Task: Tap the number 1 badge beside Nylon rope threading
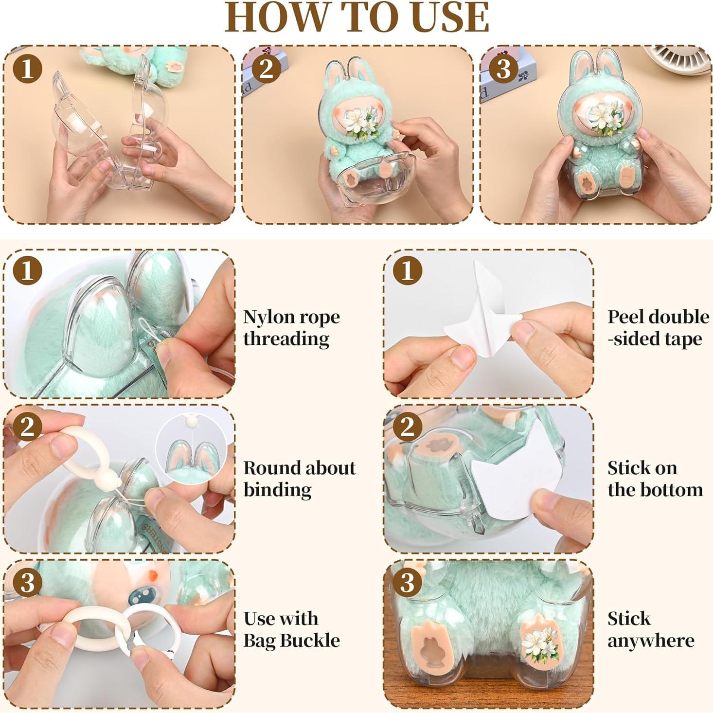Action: [x=27, y=271]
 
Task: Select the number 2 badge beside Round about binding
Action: [x=27, y=426]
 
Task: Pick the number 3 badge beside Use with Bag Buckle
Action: [x=27, y=582]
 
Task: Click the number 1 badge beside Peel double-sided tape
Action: [x=407, y=271]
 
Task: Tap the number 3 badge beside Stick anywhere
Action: [x=407, y=582]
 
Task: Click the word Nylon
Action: [x=268, y=317]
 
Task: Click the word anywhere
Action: [x=650, y=641]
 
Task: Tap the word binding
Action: [x=277, y=490]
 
